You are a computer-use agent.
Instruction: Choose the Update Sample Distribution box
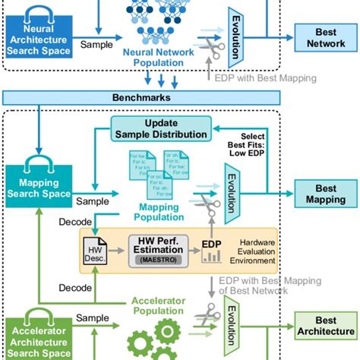pyautogui.click(x=160, y=129)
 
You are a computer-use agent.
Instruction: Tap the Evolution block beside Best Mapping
pyautogui.click(x=233, y=194)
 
